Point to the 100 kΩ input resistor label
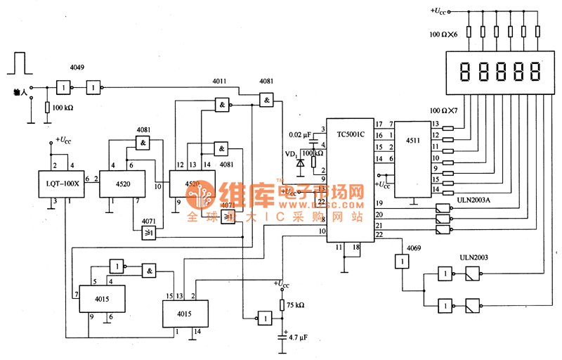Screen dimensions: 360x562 point(59,108)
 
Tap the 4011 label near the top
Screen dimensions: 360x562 point(220,82)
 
